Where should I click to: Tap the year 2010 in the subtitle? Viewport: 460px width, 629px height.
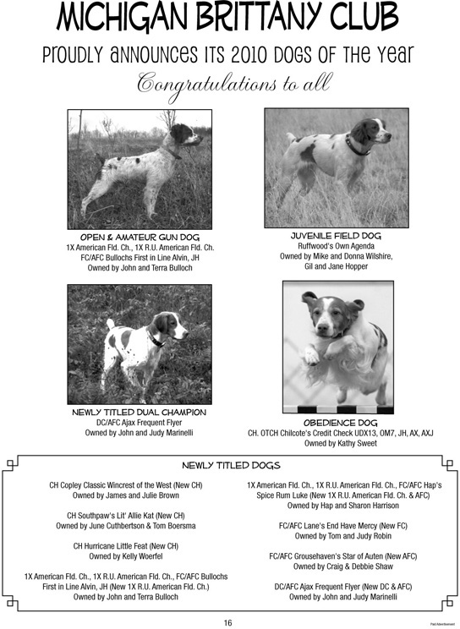(x=227, y=56)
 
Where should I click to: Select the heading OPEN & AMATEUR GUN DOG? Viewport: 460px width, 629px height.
(x=140, y=237)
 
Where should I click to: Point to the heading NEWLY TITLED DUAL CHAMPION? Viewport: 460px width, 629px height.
(x=140, y=413)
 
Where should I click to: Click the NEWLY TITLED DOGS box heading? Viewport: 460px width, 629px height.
(x=231, y=465)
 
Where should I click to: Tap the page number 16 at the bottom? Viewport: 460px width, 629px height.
(x=228, y=622)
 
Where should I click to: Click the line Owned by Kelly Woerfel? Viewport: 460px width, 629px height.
(x=125, y=556)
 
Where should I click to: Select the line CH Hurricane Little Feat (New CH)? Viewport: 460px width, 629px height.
(x=125, y=546)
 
